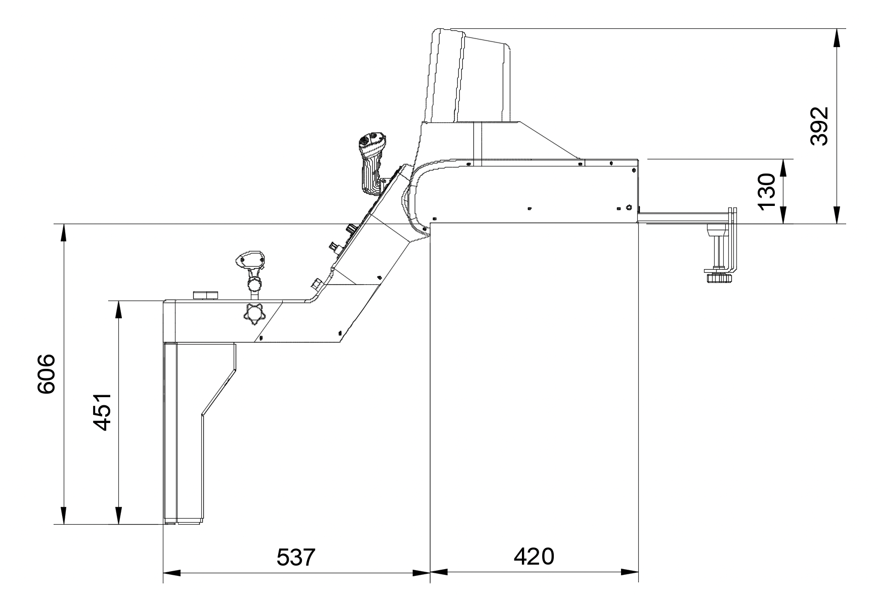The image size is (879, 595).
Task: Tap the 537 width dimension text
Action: pyautogui.click(x=296, y=558)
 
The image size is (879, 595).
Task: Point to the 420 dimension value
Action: pyautogui.click(x=534, y=557)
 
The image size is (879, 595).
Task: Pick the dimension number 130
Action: pyautogui.click(x=767, y=191)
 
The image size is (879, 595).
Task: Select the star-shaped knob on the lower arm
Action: pyautogui.click(x=254, y=314)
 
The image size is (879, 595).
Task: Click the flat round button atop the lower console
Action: pyautogui.click(x=205, y=295)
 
